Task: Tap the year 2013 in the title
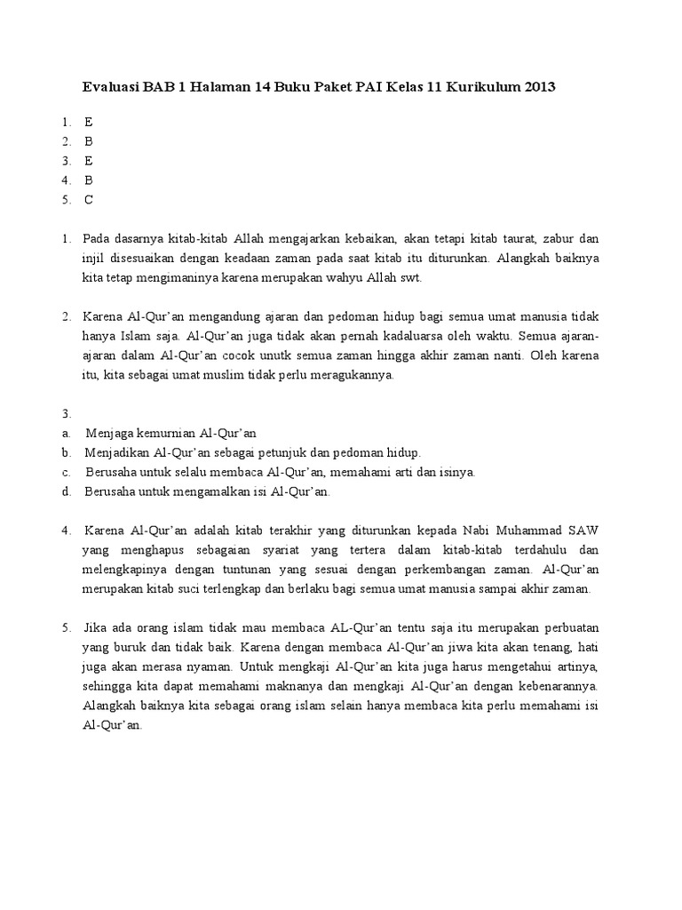(x=539, y=87)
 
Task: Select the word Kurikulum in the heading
(x=480, y=87)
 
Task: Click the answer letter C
(x=89, y=200)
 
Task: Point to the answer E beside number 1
(x=89, y=122)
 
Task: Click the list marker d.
(x=67, y=491)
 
